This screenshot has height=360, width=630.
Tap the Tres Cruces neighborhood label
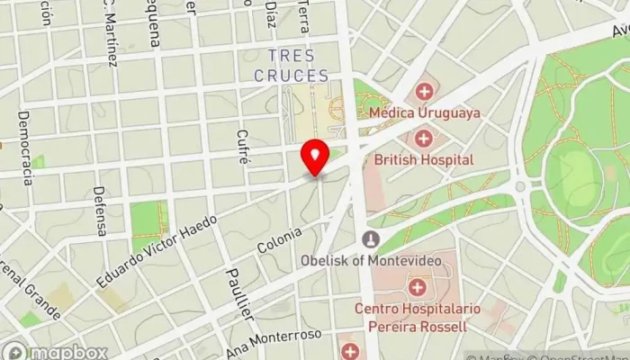pyautogui.click(x=291, y=66)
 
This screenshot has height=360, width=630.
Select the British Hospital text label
pyautogui.click(x=425, y=159)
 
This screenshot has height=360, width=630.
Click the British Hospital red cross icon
pyautogui.click(x=424, y=139)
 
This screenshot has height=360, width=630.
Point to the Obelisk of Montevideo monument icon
pyautogui.click(x=369, y=239)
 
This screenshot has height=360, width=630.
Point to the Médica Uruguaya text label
pyautogui.click(x=425, y=113)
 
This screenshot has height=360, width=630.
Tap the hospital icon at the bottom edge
pyautogui.click(x=350, y=349)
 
